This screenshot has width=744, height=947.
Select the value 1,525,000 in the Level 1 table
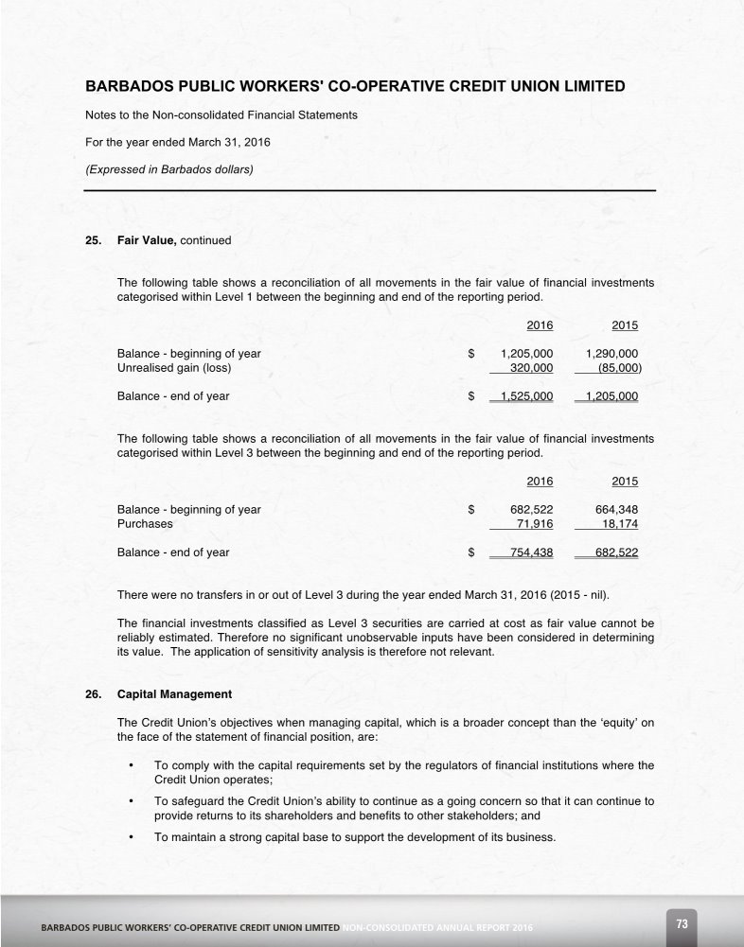tap(524, 396)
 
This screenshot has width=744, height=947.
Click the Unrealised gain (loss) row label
tap(173, 368)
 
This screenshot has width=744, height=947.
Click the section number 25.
tap(93, 240)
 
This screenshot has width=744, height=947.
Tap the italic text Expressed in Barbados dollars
tap(169, 170)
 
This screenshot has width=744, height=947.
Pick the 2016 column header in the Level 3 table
tap(540, 482)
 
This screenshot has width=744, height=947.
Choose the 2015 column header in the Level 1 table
tap(625, 325)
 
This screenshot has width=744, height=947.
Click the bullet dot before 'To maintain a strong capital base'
tap(130, 837)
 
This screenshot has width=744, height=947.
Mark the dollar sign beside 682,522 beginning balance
tap(470, 510)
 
